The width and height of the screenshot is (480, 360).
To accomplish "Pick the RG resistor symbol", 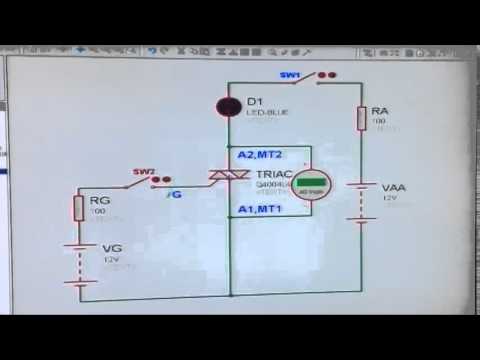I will pyautogui.click(x=78, y=208).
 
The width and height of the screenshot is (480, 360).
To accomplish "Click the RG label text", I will pyautogui.click(x=99, y=200).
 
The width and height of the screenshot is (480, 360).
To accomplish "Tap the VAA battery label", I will pyautogui.click(x=393, y=187).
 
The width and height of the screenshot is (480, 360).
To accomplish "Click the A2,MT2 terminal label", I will pyautogui.click(x=261, y=155).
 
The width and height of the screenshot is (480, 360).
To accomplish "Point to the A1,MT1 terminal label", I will pyautogui.click(x=261, y=208).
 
